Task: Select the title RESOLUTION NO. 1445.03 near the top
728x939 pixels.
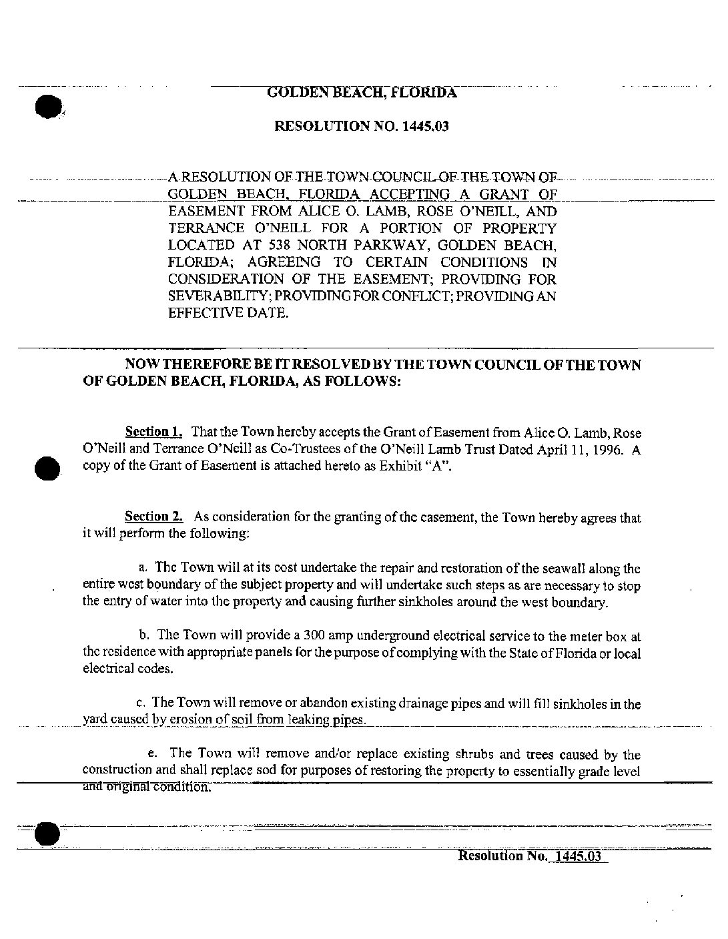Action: pos(362,126)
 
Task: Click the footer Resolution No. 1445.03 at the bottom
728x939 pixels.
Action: pos(531,856)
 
